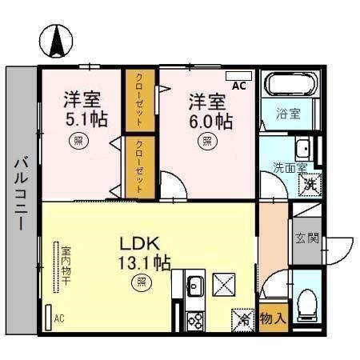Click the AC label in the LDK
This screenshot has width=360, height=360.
coord(58,318)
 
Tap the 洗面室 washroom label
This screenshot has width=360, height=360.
coord(289,169)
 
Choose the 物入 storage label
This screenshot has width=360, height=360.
coord(273,318)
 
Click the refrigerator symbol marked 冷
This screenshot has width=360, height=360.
coord(242,319)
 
